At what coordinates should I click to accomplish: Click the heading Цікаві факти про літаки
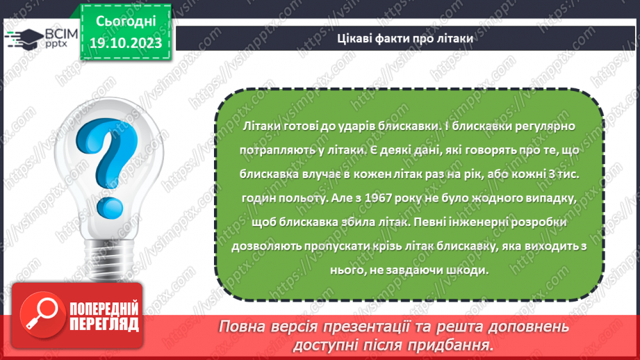point(404,40)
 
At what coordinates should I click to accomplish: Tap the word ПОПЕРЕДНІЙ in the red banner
point(104,309)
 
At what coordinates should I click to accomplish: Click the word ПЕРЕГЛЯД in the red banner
point(104,324)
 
